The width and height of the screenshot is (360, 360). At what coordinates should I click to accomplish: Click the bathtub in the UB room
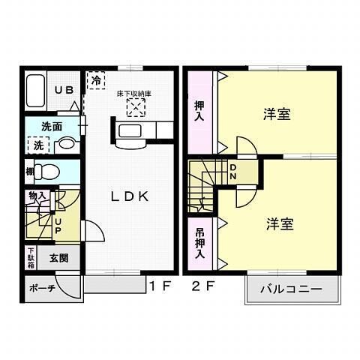(x=37, y=91)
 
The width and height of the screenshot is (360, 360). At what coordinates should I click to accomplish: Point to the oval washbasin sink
(x=67, y=143)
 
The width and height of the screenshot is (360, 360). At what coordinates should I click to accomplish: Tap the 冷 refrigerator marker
(x=96, y=78)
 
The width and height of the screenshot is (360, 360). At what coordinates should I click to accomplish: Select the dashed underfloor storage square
(x=135, y=109)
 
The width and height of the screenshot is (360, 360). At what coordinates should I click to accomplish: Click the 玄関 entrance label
(x=59, y=257)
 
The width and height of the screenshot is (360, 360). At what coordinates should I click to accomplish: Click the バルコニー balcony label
(x=291, y=289)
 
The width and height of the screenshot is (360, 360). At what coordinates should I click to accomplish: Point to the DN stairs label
(x=232, y=172)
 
